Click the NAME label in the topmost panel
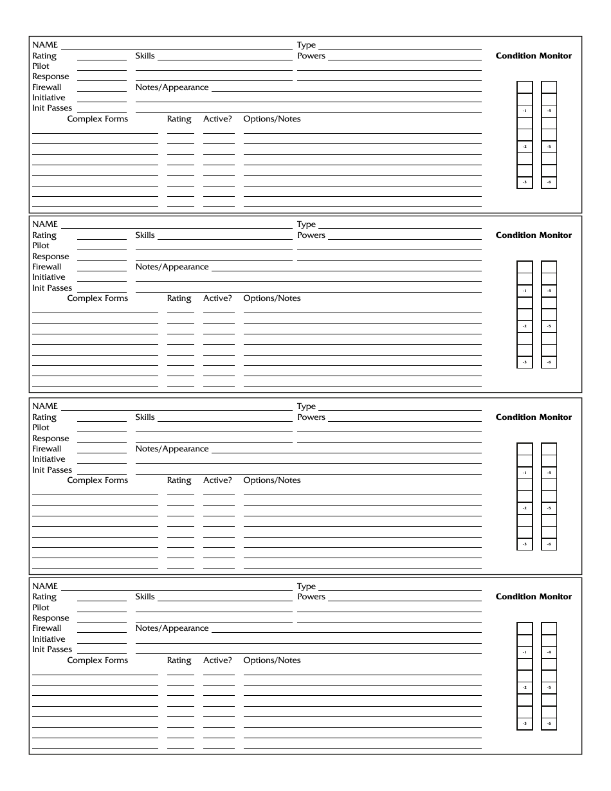point(45,45)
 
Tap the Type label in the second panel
point(306,224)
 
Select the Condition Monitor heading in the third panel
point(533,417)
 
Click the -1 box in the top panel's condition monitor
point(525,111)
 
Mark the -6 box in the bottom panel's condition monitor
point(549,724)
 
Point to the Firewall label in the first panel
point(47,87)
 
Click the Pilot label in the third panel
point(41,428)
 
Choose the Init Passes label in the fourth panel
point(52,650)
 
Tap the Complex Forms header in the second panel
point(98,298)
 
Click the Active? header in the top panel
point(217,119)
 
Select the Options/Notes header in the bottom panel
point(271,660)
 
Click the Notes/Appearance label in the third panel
point(172,449)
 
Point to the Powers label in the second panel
point(311,235)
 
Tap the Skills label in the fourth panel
point(145,597)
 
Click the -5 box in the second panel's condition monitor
point(549,327)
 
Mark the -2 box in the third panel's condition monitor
point(525,509)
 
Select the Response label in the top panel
point(50,77)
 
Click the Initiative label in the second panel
point(49,277)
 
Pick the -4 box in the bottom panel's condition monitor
point(549,652)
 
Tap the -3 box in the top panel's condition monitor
point(525,183)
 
